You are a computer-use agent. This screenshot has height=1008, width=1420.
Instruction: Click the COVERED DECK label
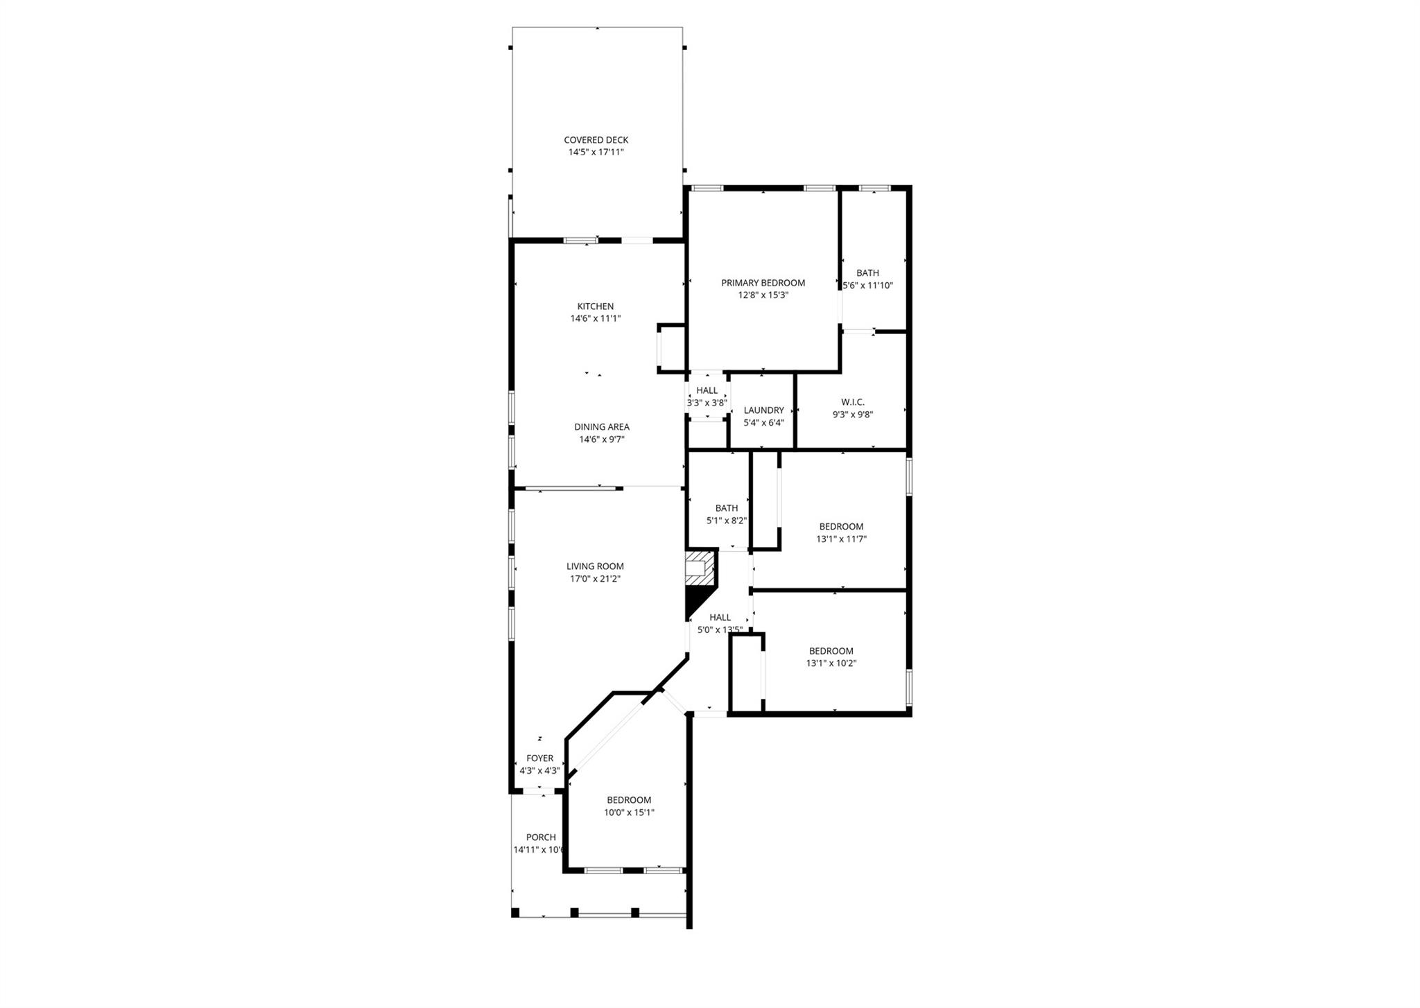pyautogui.click(x=596, y=140)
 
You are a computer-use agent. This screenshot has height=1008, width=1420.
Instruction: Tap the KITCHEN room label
pyautogui.click(x=595, y=306)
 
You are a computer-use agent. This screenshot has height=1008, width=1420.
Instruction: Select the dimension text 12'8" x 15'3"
pyautogui.click(x=763, y=295)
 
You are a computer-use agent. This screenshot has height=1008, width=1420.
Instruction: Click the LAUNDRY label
pyautogui.click(x=763, y=410)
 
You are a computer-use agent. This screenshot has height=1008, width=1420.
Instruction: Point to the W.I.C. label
pyautogui.click(x=852, y=402)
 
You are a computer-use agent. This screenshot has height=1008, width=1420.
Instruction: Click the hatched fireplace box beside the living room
pyautogui.click(x=699, y=568)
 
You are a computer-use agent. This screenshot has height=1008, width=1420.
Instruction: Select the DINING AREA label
pyautogui.click(x=601, y=427)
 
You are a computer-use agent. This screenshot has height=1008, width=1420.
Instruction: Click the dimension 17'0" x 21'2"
pyautogui.click(x=595, y=579)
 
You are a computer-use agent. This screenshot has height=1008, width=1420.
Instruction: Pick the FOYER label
pyautogui.click(x=539, y=758)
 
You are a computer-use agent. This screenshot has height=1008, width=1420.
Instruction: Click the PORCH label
pyautogui.click(x=540, y=837)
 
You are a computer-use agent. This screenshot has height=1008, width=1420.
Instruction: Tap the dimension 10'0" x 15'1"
pyautogui.click(x=629, y=813)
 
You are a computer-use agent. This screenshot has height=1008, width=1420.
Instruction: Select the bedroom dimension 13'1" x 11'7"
pyautogui.click(x=841, y=539)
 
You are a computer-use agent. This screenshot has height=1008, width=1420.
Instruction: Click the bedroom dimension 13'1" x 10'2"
pyautogui.click(x=831, y=663)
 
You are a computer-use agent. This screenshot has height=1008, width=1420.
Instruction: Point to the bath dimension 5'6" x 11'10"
pyautogui.click(x=867, y=286)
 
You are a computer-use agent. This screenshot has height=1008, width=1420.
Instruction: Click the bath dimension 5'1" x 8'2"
pyautogui.click(x=726, y=521)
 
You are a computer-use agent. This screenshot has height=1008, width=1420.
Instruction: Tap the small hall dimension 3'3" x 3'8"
pyautogui.click(x=707, y=403)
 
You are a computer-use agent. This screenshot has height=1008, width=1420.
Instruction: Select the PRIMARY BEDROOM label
pyautogui.click(x=763, y=283)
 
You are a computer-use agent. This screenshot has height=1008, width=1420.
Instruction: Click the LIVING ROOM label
pyautogui.click(x=595, y=566)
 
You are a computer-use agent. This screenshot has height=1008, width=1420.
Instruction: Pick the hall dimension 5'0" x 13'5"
pyautogui.click(x=720, y=630)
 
